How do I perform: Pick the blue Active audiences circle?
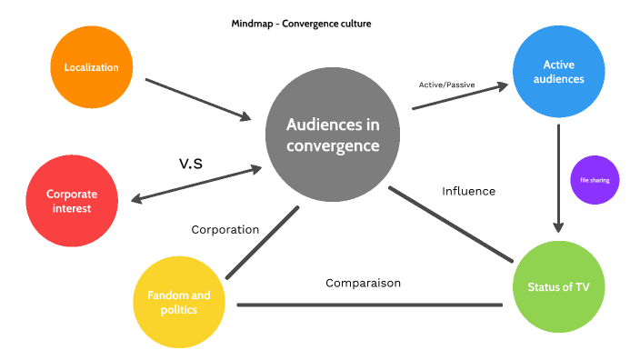tap(557, 72)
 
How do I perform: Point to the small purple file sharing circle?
tap(595, 180)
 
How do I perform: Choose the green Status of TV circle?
tap(559, 286)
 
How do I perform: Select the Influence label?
tap(468, 191)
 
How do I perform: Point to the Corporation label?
tap(225, 230)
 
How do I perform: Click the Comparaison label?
tap(363, 283)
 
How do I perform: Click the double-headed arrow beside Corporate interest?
tap(195, 185)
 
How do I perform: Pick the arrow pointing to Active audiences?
tap(459, 97)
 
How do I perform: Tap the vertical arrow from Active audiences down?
tap(558, 177)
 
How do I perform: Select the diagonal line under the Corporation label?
tap(262, 243)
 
